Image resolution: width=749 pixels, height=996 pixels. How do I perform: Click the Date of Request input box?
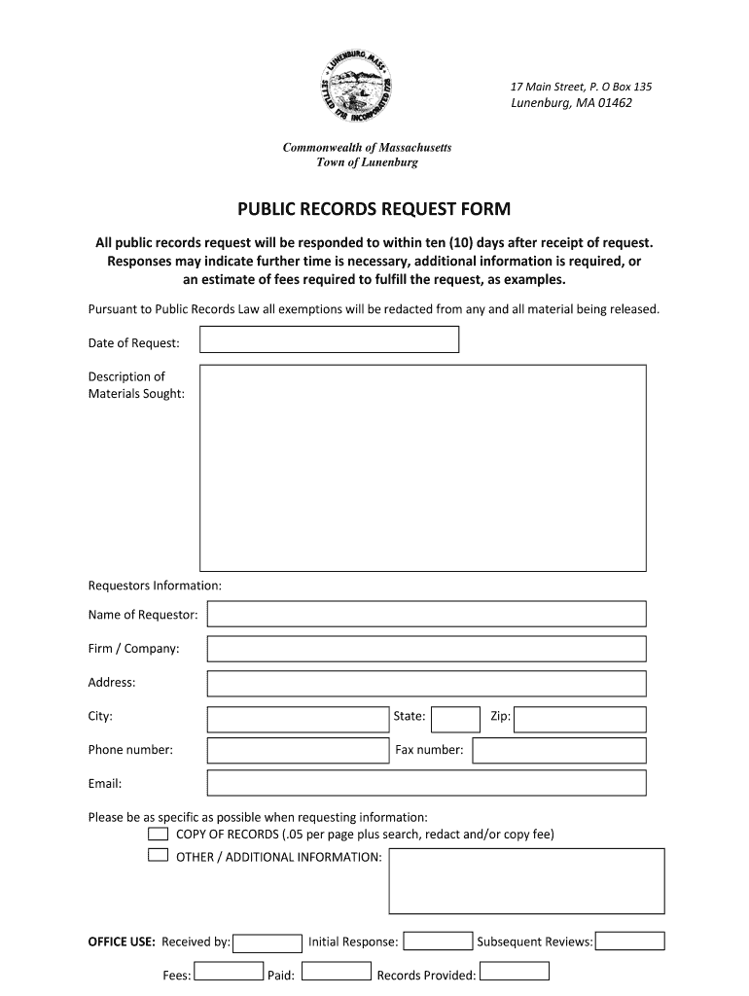329,339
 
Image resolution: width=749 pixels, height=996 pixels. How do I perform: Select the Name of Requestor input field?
426,614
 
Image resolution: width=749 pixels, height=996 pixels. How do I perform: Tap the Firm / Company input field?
426,649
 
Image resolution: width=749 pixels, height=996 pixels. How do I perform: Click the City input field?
298,719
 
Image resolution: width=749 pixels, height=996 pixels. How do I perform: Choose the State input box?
455,719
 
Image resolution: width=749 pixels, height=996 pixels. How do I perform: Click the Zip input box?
580,719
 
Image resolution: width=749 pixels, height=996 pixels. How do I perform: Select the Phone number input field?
298,751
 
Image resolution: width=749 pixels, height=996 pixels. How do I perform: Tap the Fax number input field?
558,751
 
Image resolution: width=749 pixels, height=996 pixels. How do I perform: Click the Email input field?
426,783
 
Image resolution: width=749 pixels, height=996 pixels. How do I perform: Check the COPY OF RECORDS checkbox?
158,835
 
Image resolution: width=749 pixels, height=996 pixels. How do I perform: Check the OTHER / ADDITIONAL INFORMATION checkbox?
158,856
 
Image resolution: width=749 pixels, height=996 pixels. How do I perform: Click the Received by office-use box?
268,943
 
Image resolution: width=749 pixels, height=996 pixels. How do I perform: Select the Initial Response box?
438,942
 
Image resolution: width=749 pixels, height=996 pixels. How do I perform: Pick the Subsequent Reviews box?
629,942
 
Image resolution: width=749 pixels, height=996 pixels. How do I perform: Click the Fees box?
229,973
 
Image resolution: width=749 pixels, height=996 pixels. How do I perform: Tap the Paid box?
337,973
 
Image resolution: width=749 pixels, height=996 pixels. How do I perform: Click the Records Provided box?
515,972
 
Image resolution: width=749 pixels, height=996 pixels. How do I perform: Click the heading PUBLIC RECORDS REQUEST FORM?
374,209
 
